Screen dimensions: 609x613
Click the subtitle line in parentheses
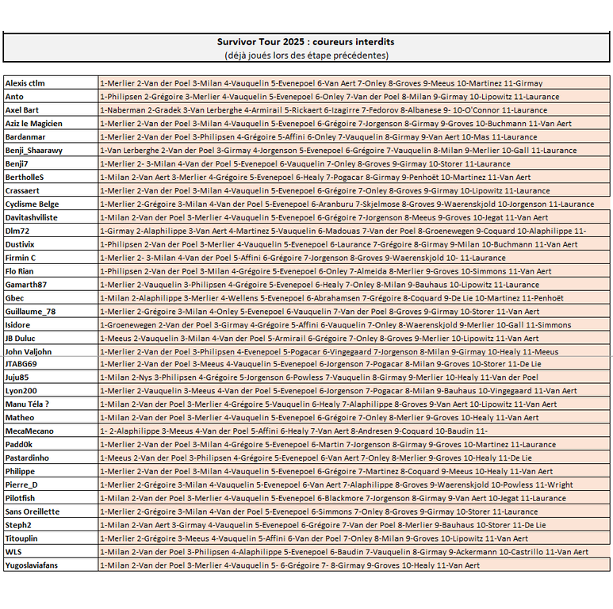click(306, 55)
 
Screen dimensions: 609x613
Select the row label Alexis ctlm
click(25, 83)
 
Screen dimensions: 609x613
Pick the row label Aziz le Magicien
click(33, 124)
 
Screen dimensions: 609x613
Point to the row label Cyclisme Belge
click(32, 204)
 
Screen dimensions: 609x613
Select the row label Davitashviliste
click(32, 217)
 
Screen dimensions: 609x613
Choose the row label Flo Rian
click(21, 270)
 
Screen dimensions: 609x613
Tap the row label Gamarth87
click(26, 284)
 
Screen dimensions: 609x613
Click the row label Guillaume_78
click(30, 311)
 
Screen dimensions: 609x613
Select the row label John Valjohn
click(29, 351)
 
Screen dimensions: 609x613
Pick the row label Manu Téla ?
click(28, 404)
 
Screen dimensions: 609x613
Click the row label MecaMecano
click(29, 431)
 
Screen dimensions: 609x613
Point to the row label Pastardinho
click(28, 458)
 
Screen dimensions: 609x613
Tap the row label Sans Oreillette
click(33, 511)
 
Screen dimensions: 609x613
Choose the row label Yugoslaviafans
click(32, 565)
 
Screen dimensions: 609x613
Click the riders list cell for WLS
click(354, 551)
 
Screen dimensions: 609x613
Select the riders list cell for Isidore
click(354, 324)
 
